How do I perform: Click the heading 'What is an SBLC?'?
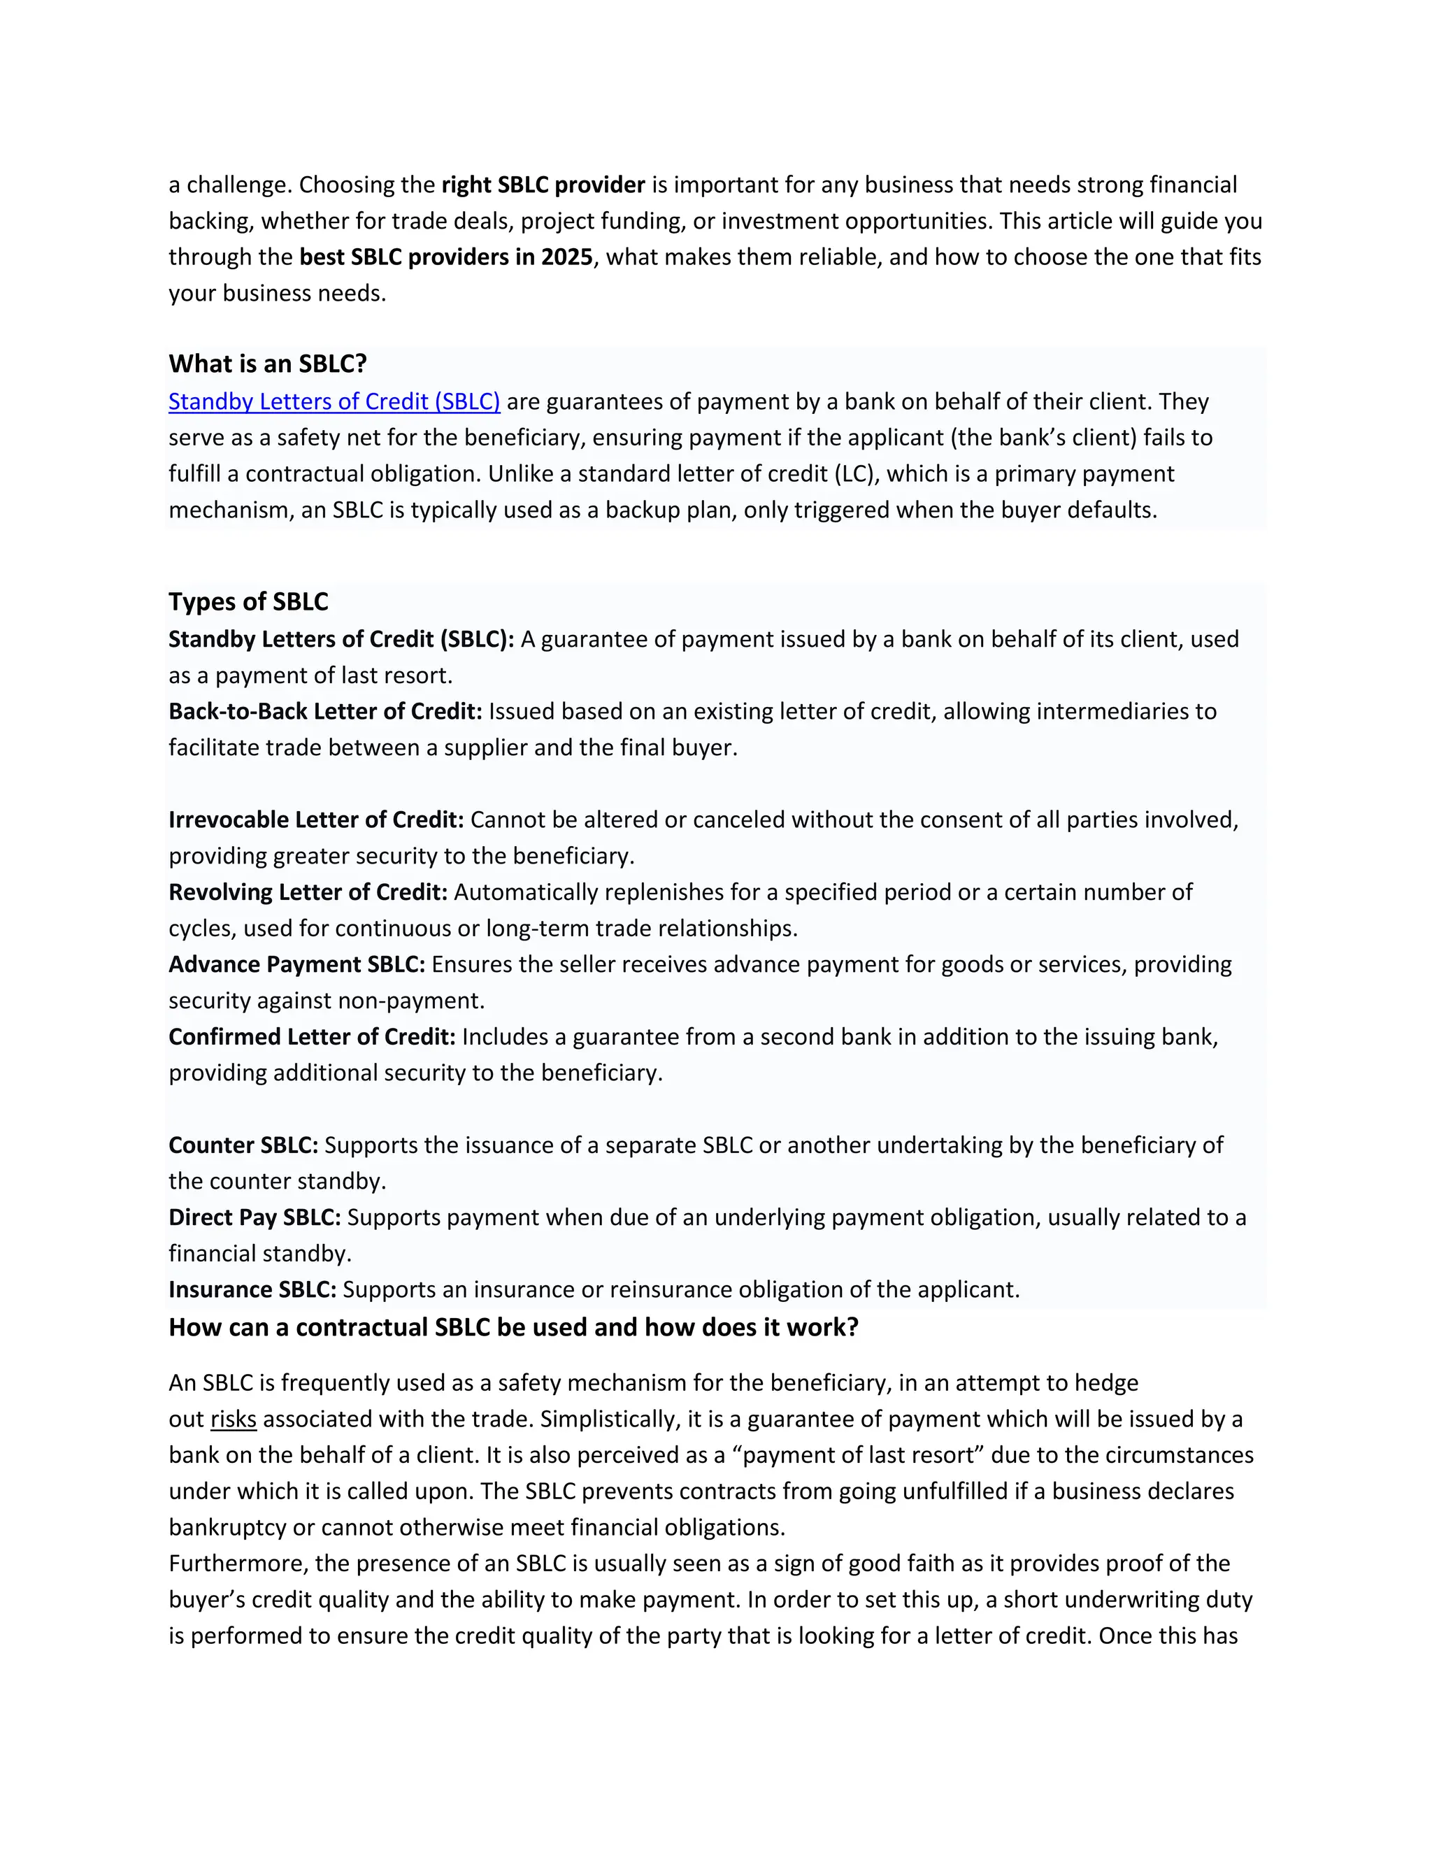pyautogui.click(x=267, y=364)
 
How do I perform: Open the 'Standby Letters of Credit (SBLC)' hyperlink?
pyautogui.click(x=334, y=401)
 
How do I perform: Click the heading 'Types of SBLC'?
pyautogui.click(x=248, y=601)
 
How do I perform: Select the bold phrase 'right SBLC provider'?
pyautogui.click(x=543, y=185)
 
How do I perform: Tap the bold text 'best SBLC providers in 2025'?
pyautogui.click(x=445, y=257)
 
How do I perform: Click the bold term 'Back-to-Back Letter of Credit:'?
pyautogui.click(x=325, y=711)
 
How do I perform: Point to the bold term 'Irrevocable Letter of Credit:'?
pyautogui.click(x=315, y=820)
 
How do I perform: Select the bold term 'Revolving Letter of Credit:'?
pyautogui.click(x=307, y=892)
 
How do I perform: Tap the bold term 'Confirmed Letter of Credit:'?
pyautogui.click(x=311, y=1037)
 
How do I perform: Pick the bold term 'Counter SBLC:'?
pyautogui.click(x=243, y=1145)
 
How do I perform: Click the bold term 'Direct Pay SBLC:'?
pyautogui.click(x=255, y=1217)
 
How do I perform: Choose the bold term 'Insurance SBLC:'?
pyautogui.click(x=252, y=1289)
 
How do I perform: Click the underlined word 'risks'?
pyautogui.click(x=234, y=1419)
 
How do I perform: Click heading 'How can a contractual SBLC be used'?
pyautogui.click(x=513, y=1328)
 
